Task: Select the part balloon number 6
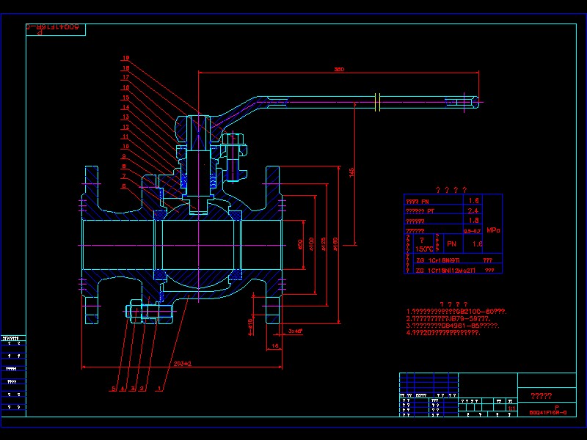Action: click(125, 186)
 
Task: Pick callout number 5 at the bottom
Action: click(114, 388)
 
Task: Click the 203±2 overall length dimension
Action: click(183, 364)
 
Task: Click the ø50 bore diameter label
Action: click(300, 243)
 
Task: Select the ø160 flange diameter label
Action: click(335, 243)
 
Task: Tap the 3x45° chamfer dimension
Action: click(296, 331)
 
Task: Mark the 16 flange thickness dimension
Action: click(275, 345)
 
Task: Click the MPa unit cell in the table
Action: click(492, 230)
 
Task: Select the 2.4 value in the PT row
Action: click(474, 210)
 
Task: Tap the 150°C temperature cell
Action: click(424, 248)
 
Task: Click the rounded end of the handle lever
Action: click(475, 103)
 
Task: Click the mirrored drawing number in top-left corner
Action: click(56, 29)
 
